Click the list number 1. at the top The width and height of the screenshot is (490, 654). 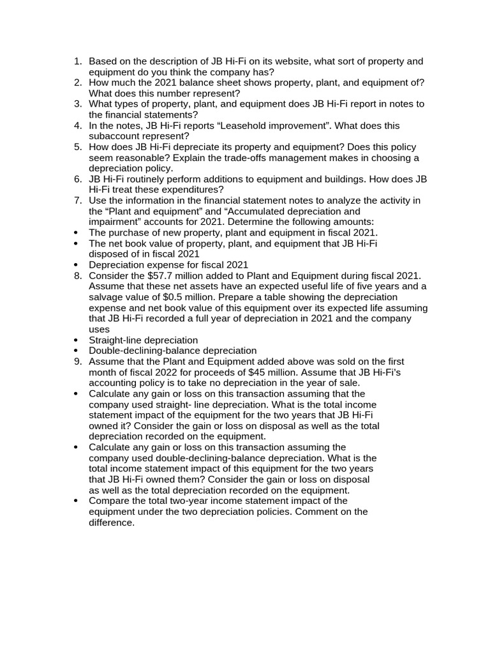click(78, 61)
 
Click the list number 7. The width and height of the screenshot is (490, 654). click(78, 201)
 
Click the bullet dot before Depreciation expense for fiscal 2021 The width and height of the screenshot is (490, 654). click(77, 265)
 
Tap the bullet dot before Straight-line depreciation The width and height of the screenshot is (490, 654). click(77, 340)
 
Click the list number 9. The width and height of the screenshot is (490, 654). click(78, 361)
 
